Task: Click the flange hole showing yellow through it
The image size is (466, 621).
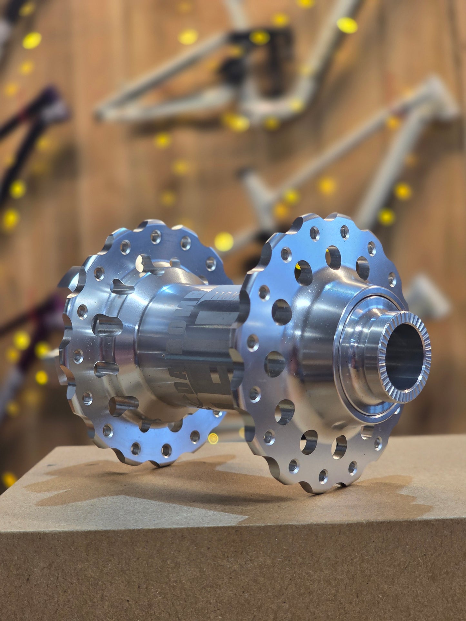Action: tap(303, 272)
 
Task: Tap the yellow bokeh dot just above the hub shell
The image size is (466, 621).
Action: tap(223, 241)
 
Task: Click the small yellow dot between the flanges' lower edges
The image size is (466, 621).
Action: tap(213, 438)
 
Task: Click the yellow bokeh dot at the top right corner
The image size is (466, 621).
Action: tap(347, 25)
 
